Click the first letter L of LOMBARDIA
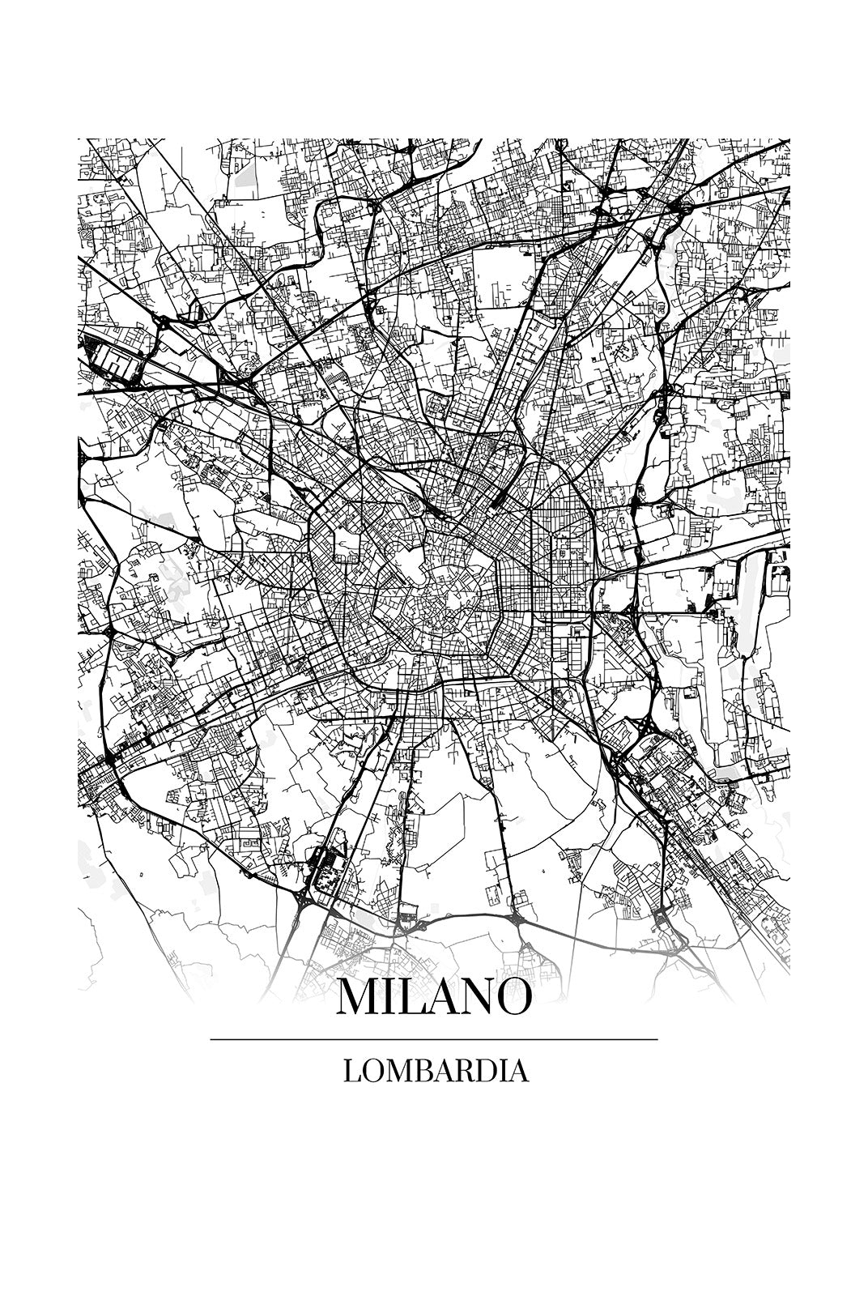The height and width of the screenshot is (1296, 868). pos(351,1071)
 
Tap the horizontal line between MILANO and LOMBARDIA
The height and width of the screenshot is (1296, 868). pos(433,1039)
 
